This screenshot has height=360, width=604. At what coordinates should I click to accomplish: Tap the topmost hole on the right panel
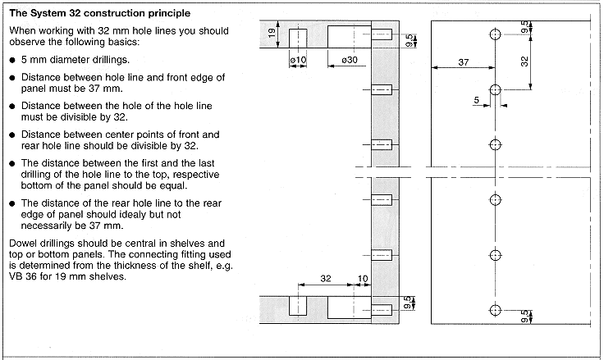pos(495,35)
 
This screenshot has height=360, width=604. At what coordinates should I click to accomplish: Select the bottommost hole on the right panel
pos(495,310)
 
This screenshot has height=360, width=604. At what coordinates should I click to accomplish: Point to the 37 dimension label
pos(463,62)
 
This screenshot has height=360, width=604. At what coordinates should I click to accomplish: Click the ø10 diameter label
pos(297,61)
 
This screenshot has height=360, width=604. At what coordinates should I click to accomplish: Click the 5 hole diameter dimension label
pos(476,99)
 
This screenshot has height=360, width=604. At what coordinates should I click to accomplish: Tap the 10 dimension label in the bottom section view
pos(364,279)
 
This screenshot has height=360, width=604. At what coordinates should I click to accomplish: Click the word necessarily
pos(48,226)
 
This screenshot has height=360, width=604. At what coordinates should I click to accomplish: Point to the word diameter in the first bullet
pos(72,60)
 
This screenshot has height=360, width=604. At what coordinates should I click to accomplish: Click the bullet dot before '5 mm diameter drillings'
pos(11,61)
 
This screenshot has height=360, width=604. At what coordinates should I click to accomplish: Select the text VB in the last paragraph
pos(15,276)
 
